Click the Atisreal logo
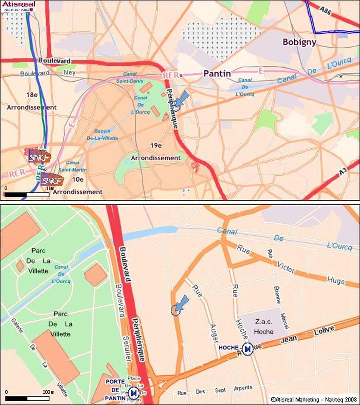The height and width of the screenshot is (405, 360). coord(19,6)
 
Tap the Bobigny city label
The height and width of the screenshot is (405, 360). coord(299,42)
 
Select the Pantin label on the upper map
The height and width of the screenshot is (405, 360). coord(217,73)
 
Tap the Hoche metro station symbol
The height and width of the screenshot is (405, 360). coord(247,349)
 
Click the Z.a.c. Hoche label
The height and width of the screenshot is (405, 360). coord(264,327)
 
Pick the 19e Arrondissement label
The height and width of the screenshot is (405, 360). coord(156,152)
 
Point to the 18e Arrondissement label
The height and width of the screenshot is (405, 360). coord(32,101)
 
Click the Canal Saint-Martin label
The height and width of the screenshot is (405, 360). coord(72,166)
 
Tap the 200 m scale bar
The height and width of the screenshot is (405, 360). coord(27,398)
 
